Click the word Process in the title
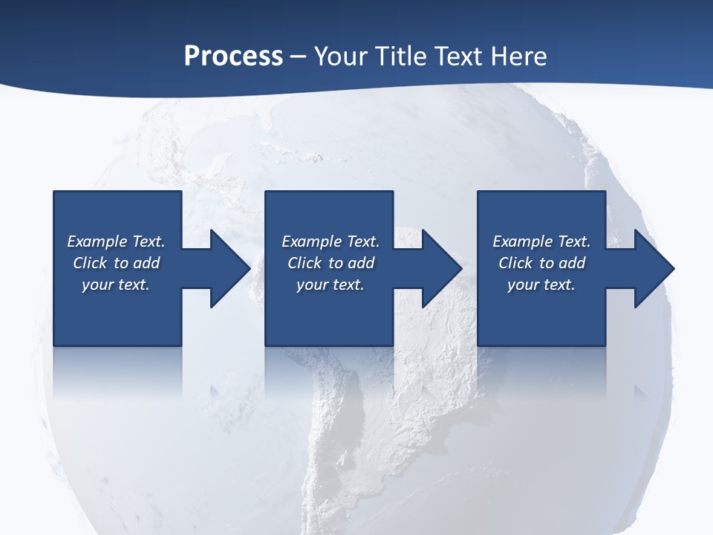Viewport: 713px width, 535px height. [x=233, y=56]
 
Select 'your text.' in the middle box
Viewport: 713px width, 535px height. [x=330, y=285]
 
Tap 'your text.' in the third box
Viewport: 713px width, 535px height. [x=541, y=285]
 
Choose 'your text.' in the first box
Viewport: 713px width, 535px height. [x=115, y=285]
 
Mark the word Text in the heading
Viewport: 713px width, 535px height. [x=458, y=56]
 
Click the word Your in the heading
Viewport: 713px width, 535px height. [x=339, y=56]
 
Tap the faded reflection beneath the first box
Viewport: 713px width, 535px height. [x=117, y=372]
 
